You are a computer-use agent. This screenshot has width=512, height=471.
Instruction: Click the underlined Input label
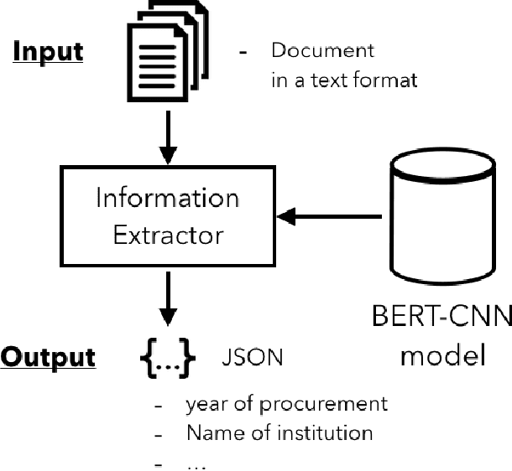click(47, 51)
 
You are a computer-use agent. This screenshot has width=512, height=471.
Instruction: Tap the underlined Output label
click(47, 358)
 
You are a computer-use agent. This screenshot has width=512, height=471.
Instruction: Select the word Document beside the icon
click(323, 50)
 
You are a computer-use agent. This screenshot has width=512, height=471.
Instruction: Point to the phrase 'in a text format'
click(344, 81)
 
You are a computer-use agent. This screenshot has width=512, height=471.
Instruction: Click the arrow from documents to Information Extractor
click(169, 143)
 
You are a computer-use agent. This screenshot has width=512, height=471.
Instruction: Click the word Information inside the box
click(167, 199)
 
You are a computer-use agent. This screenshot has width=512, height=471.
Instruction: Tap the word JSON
click(252, 359)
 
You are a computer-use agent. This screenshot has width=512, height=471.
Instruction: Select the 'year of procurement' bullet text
click(286, 404)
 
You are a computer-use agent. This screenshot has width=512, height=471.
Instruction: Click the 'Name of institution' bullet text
click(279, 432)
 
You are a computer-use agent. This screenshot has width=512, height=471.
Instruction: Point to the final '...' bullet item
click(195, 462)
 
